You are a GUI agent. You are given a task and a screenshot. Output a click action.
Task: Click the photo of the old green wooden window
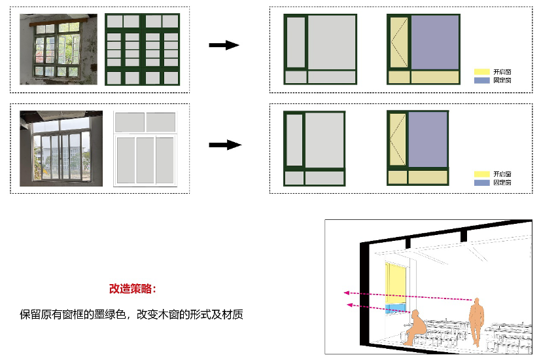click(58, 50)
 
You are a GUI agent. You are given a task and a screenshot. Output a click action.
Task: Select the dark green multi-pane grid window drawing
click(143, 50)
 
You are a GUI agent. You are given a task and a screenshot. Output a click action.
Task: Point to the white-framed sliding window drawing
click(145, 149)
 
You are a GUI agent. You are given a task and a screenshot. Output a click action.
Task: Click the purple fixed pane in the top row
click(435, 42)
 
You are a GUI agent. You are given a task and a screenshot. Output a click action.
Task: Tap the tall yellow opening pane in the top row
click(398, 42)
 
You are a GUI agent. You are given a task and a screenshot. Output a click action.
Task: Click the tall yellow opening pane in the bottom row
click(396, 140)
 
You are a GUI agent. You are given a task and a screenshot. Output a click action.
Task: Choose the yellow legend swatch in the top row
click(482, 71)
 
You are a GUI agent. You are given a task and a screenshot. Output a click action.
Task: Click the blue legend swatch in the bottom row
click(482, 183)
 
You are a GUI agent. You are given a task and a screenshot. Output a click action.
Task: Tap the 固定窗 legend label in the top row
click(502, 80)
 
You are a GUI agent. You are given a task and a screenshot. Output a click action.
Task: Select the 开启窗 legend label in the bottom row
click(502, 174)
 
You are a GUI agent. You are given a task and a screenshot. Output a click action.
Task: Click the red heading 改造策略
click(133, 288)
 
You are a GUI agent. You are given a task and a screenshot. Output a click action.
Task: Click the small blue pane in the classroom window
click(394, 308)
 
